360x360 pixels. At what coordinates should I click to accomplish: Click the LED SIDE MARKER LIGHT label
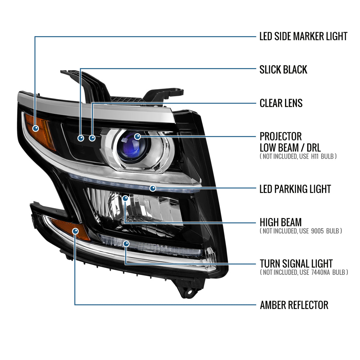pyautogui.click(x=303, y=36)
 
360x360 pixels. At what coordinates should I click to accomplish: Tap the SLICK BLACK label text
pyautogui.click(x=283, y=70)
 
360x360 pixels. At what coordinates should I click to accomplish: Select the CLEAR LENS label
pyautogui.click(x=281, y=103)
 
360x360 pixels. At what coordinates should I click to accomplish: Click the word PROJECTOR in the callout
pyautogui.click(x=280, y=136)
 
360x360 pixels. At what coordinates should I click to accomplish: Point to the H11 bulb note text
pyautogui.click(x=298, y=156)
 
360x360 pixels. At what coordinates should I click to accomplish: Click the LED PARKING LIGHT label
pyautogui.click(x=295, y=189)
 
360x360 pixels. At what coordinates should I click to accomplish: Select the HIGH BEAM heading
pyautogui.click(x=280, y=222)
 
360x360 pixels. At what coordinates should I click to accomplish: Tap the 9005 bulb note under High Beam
pyautogui.click(x=301, y=231)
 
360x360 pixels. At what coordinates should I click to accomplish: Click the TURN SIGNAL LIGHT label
pyautogui.click(x=296, y=264)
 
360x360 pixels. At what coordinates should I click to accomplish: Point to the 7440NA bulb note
pyautogui.click(x=304, y=272)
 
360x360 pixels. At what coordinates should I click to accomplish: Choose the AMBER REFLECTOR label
pyautogui.click(x=294, y=305)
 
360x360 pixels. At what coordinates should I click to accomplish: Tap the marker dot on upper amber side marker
pyautogui.click(x=36, y=128)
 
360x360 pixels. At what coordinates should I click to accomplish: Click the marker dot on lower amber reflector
pyautogui.click(x=75, y=231)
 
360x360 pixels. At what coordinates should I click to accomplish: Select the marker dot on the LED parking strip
pyautogui.click(x=153, y=188)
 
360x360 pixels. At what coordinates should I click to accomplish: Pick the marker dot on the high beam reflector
pyautogui.click(x=125, y=198)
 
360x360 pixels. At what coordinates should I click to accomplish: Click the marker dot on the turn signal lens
pyautogui.click(x=126, y=244)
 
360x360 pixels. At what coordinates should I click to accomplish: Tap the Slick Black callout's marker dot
pyautogui.click(x=81, y=138)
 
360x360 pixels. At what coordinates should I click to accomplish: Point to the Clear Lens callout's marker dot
pyautogui.click(x=92, y=138)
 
